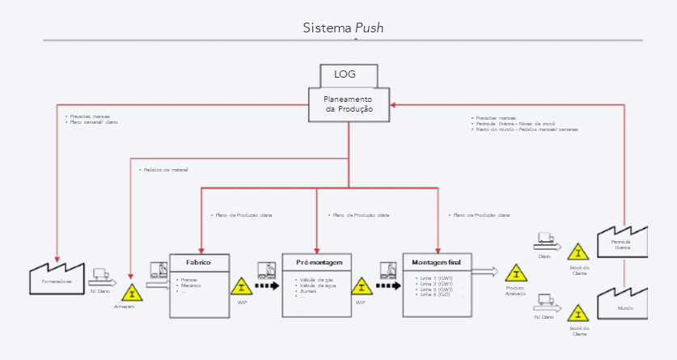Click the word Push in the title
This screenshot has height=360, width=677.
tap(370, 28)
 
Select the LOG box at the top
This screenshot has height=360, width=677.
tap(349, 75)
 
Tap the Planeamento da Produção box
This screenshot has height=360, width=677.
tap(349, 104)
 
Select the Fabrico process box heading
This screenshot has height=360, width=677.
tap(199, 262)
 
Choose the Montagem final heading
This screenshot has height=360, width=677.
tap(436, 262)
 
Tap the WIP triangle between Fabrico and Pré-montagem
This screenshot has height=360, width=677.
tap(242, 287)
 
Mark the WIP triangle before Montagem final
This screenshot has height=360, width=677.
tap(362, 287)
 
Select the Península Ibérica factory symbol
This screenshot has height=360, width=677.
tap(622, 242)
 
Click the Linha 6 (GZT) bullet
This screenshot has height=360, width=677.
tap(437, 294)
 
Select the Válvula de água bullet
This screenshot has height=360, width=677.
tap(318, 285)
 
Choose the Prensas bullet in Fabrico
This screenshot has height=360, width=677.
tap(190, 280)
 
